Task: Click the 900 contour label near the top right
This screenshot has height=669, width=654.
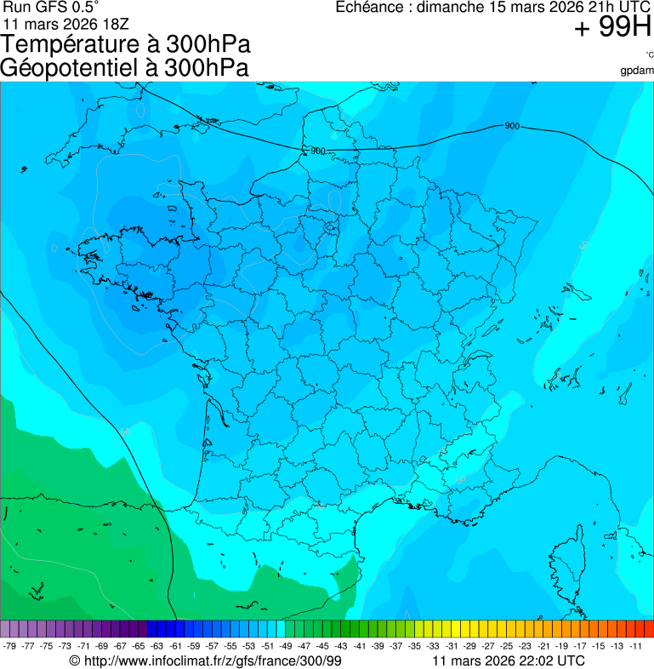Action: [512, 126]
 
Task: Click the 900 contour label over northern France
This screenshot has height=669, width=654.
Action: [317, 151]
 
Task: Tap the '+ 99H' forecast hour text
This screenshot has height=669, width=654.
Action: [612, 28]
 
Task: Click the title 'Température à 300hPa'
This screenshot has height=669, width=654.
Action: [126, 45]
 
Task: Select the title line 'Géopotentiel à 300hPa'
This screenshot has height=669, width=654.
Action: [125, 68]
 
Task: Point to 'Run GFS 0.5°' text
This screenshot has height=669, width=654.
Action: [51, 7]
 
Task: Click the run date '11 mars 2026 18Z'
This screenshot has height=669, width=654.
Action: [66, 23]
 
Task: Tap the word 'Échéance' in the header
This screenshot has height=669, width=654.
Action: [366, 8]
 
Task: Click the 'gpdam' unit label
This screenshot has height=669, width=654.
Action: [637, 71]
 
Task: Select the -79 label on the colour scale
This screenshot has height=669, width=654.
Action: [10, 646]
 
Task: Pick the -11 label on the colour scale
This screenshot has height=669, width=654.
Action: [635, 646]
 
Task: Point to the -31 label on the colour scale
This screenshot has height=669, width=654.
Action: [452, 646]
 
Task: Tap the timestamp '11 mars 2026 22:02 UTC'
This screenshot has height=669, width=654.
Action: [509, 660]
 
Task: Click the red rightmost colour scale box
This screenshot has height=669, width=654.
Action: [648, 629]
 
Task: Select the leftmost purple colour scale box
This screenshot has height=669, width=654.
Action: [5, 629]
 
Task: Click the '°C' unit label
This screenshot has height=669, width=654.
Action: [649, 54]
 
